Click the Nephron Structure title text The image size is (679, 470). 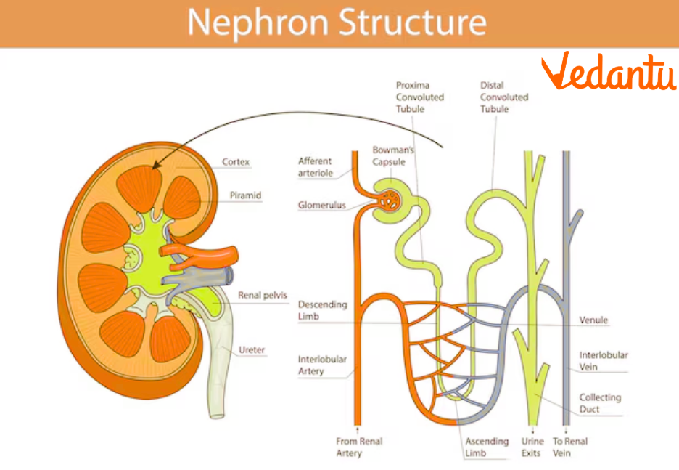pos(337,23)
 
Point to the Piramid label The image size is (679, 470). pos(245,195)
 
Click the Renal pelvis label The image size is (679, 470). pos(263,296)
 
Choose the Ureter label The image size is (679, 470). pos(252,350)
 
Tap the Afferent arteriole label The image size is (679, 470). pos(315,166)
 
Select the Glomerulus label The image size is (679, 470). pos(321,206)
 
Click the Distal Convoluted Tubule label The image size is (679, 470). pos(503,97)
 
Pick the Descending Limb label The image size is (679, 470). pos(322,310)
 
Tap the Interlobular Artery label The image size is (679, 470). pos(322,365)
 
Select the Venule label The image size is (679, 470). pos(593,320)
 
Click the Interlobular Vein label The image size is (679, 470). pos(603,361)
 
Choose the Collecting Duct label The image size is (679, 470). pos(600,403)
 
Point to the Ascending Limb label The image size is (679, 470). pos(487,447)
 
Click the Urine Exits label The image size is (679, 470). pos(531,447)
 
